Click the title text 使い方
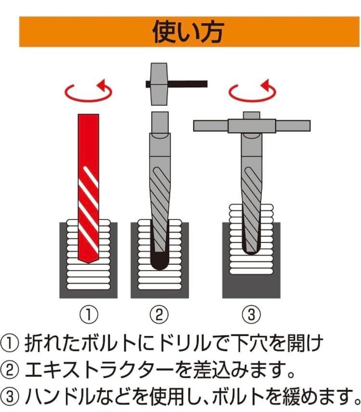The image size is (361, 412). [187, 32]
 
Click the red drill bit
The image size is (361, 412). [88, 188]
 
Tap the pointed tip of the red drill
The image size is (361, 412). [89, 262]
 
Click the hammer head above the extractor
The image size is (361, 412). [159, 84]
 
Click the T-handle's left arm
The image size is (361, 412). [211, 126]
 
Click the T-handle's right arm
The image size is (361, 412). [293, 126]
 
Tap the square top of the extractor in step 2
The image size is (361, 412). [160, 123]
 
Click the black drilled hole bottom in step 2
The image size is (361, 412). [160, 261]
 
